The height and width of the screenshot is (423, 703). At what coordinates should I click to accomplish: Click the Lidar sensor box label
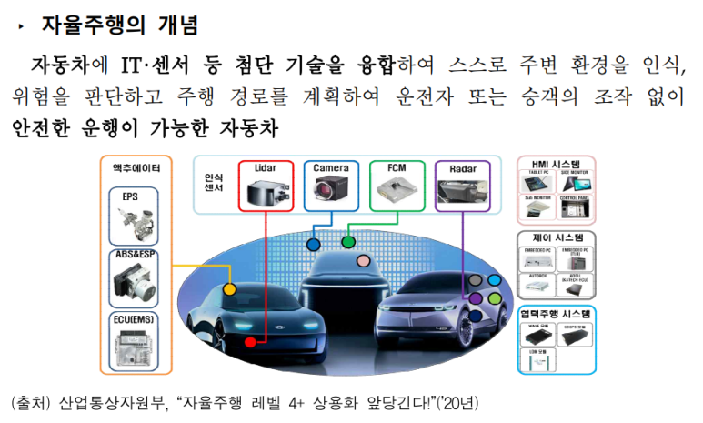266,168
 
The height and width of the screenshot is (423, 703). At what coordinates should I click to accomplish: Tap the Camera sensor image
331,188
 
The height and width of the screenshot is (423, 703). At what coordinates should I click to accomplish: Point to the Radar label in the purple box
464,168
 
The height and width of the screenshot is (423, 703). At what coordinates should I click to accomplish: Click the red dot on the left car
249,342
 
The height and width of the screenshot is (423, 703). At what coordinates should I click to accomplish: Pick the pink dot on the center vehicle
363,261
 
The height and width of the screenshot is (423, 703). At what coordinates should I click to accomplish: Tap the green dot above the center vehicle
347,243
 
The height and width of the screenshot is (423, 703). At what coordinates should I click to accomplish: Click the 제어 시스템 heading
556,237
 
